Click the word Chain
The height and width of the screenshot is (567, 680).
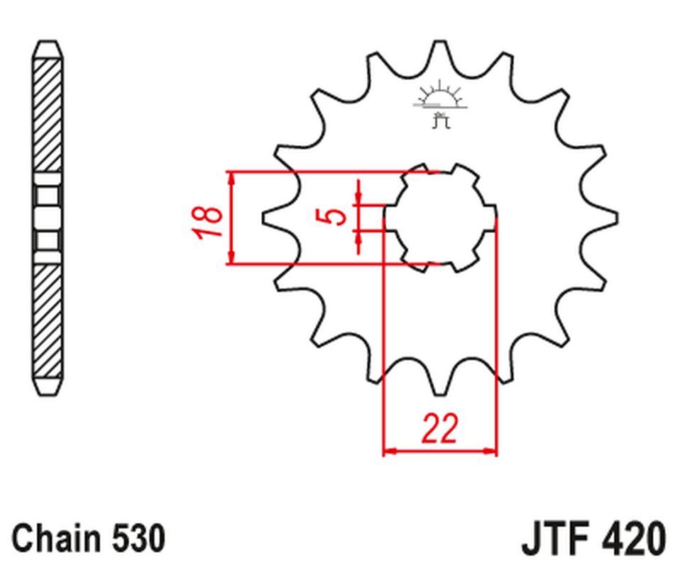click(x=57, y=539)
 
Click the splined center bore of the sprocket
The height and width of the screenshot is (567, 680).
click(x=439, y=218)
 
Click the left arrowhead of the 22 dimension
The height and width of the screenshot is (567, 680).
click(x=389, y=450)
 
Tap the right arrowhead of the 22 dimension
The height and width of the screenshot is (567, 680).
click(x=490, y=450)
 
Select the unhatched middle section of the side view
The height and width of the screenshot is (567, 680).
click(x=48, y=218)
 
